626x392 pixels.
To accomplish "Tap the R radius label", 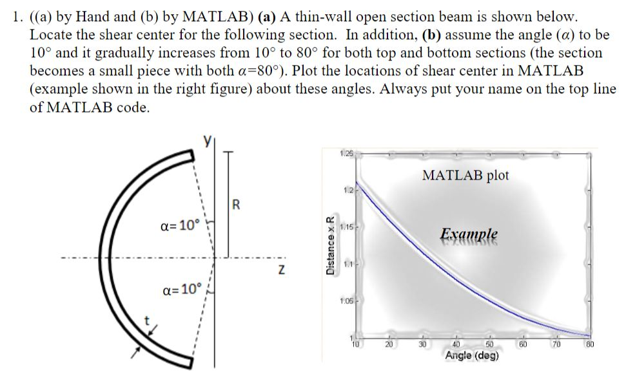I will pyautogui.click(x=235, y=206).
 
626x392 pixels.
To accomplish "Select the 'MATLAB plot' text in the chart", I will pyautogui.click(x=465, y=175).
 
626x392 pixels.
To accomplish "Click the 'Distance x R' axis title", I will pyautogui.click(x=330, y=245).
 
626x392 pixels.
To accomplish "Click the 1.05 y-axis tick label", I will pyautogui.click(x=346, y=299).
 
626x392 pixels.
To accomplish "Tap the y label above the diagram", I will pyautogui.click(x=208, y=141).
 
